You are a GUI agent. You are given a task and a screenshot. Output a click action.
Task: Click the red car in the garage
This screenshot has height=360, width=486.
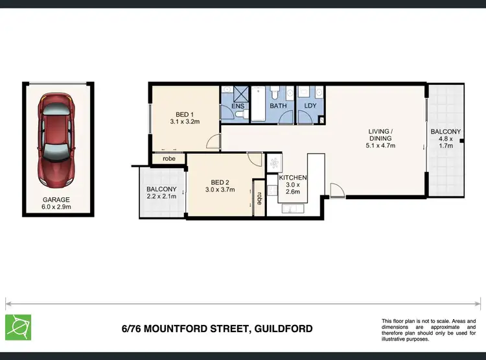pos(56,138)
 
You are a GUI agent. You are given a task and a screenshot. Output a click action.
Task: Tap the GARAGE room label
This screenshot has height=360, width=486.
pos(57,200)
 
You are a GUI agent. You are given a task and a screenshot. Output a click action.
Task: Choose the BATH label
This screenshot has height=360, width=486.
pos(278,106)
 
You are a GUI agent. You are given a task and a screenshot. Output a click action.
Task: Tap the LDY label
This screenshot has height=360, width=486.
pos(310,106)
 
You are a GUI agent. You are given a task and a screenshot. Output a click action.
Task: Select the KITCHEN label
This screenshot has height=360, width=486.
pos(293,178)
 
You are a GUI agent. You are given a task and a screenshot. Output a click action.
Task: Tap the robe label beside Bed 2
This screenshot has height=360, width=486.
pos(259,198)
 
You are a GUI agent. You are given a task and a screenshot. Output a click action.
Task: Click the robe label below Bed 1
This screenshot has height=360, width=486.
pos(168,158)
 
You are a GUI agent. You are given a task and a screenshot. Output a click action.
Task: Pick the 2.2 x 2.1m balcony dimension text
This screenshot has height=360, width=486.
pos(161,197)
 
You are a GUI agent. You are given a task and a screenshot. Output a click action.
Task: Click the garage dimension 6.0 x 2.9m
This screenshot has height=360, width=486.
pos(57,208)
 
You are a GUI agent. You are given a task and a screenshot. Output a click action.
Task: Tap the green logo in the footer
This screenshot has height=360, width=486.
pos(17,327)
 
